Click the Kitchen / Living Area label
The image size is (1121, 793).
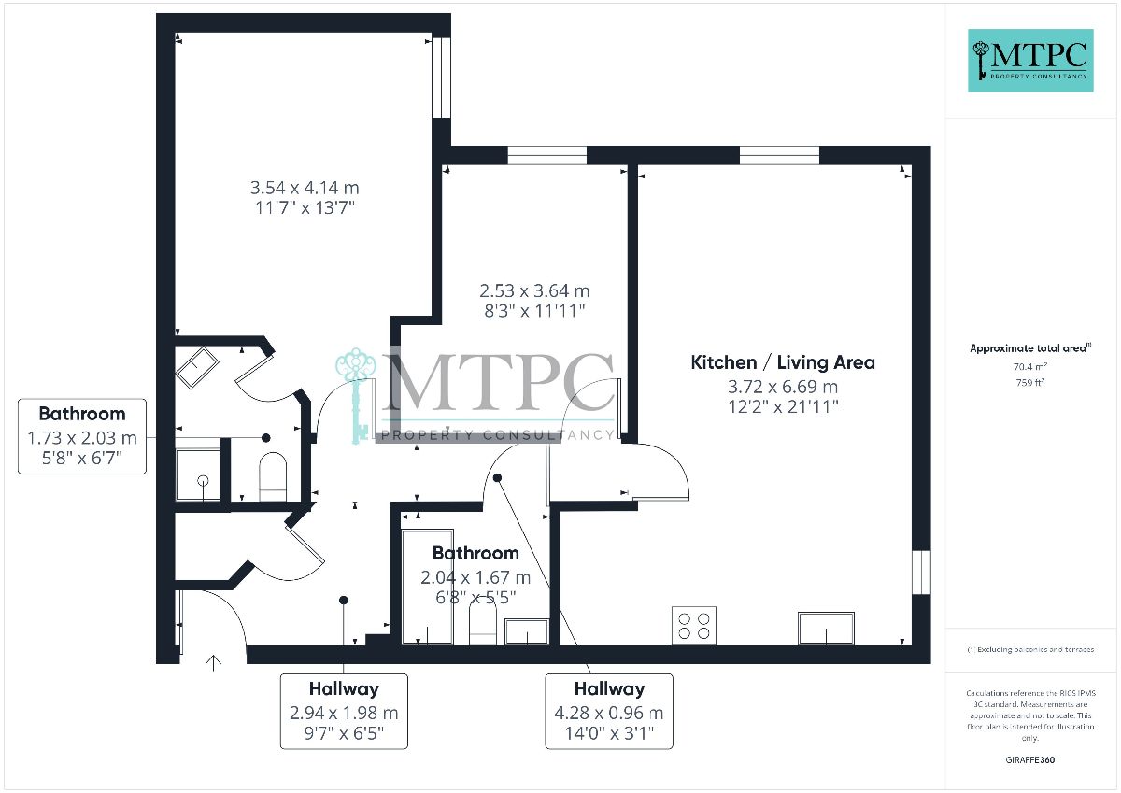(783, 362)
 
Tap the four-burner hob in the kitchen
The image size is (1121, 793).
(693, 626)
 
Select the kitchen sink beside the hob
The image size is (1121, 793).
(826, 629)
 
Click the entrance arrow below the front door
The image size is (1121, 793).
(214, 663)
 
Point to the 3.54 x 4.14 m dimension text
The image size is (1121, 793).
(305, 188)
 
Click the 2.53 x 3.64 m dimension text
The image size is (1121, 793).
(534, 290)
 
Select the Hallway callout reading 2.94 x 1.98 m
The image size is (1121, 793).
(344, 712)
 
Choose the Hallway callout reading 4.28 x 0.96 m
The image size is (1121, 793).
(609, 712)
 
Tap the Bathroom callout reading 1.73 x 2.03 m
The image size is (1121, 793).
(82, 436)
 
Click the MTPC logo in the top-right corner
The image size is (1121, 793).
(1030, 61)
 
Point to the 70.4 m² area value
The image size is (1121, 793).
(1030, 367)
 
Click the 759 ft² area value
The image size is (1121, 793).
(1030, 383)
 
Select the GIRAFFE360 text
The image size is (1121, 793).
(1029, 760)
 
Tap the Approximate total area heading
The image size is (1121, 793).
(1030, 348)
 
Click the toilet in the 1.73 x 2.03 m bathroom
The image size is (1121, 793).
(273, 476)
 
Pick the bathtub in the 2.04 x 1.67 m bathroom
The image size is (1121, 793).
(428, 587)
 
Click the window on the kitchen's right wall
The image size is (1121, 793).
(921, 573)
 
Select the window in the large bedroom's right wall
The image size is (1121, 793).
(441, 78)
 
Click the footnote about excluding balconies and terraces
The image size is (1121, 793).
(1030, 650)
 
